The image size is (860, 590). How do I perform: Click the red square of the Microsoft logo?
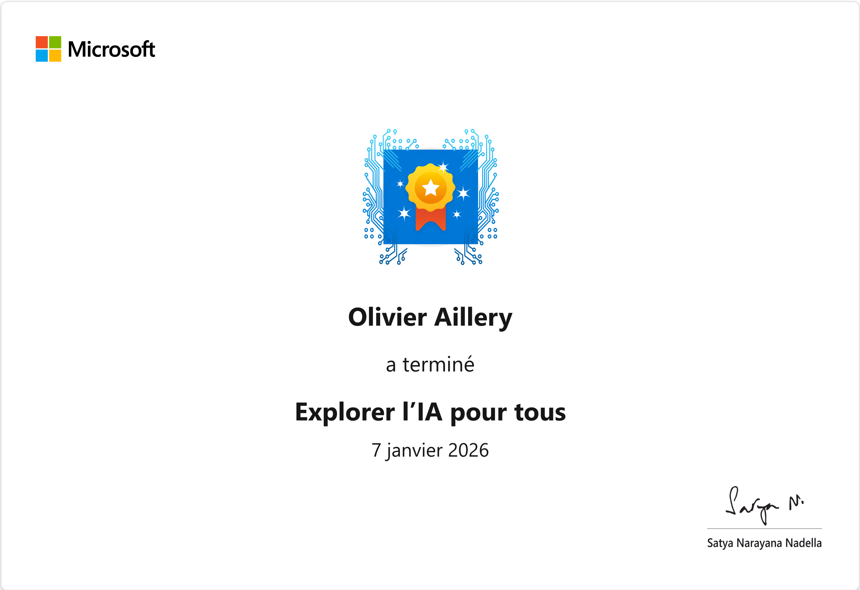coord(42,42)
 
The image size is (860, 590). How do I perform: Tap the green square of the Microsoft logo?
coord(55,42)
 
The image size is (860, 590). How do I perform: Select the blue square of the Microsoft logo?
coord(42,56)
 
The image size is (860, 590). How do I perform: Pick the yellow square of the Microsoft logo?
coord(55,56)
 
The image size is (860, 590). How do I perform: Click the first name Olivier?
coord(387,317)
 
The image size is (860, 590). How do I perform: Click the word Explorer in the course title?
coord(345,413)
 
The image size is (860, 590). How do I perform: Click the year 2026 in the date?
coord(469,450)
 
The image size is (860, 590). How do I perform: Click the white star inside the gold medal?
coord(431,188)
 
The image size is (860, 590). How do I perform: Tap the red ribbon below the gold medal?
coord(430,219)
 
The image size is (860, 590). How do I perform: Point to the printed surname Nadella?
coord(803,543)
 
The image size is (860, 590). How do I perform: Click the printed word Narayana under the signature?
coord(759,544)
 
